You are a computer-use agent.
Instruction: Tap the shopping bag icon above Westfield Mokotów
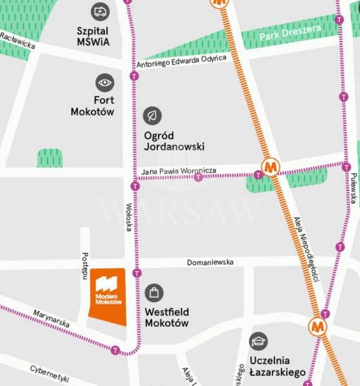pos(154,292)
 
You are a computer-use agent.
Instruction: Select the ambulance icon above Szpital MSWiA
pos(100,11)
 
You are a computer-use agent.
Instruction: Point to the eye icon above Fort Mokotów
pos(105,82)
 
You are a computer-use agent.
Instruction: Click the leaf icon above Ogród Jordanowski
pos(152,115)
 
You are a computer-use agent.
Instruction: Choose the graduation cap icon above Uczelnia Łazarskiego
pos(259,341)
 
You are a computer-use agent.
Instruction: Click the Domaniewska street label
pos(210,263)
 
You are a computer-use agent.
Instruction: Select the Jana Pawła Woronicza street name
pos(179,171)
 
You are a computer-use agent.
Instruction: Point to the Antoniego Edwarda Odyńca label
pos(181,60)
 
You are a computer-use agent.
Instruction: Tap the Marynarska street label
pos(51,319)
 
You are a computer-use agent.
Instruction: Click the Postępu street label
pos(85,266)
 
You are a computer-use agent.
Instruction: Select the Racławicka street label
pos(18,41)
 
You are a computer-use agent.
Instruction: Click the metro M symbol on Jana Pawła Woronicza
pos(271,167)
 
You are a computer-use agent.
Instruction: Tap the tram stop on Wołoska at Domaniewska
pos(137,273)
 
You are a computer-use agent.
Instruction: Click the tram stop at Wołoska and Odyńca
pos(134,76)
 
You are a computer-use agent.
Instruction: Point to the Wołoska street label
pos(129,217)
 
